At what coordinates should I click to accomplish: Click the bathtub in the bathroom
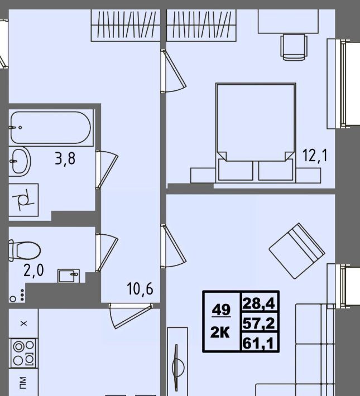(51, 128)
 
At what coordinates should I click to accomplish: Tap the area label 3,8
(65, 159)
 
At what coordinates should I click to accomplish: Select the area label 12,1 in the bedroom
(315, 155)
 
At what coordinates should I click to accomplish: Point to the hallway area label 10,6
(140, 289)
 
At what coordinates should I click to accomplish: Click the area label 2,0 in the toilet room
(33, 270)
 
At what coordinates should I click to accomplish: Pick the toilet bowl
(25, 250)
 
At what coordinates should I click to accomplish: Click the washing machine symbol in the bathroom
(23, 200)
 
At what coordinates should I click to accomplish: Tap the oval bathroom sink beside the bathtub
(20, 161)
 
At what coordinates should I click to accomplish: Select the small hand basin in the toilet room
(69, 276)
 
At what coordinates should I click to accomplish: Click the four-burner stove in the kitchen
(23, 353)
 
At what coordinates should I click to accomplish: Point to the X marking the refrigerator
(24, 323)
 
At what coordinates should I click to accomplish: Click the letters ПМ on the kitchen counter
(22, 383)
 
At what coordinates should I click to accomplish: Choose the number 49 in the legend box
(222, 310)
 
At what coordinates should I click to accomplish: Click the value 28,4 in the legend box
(258, 303)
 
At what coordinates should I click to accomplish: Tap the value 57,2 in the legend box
(258, 323)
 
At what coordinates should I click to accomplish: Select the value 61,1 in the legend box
(258, 343)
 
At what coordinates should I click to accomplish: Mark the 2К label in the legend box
(220, 332)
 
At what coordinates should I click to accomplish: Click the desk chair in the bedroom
(294, 47)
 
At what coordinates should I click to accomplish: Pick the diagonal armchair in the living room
(297, 251)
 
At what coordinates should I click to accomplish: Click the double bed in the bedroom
(256, 133)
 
